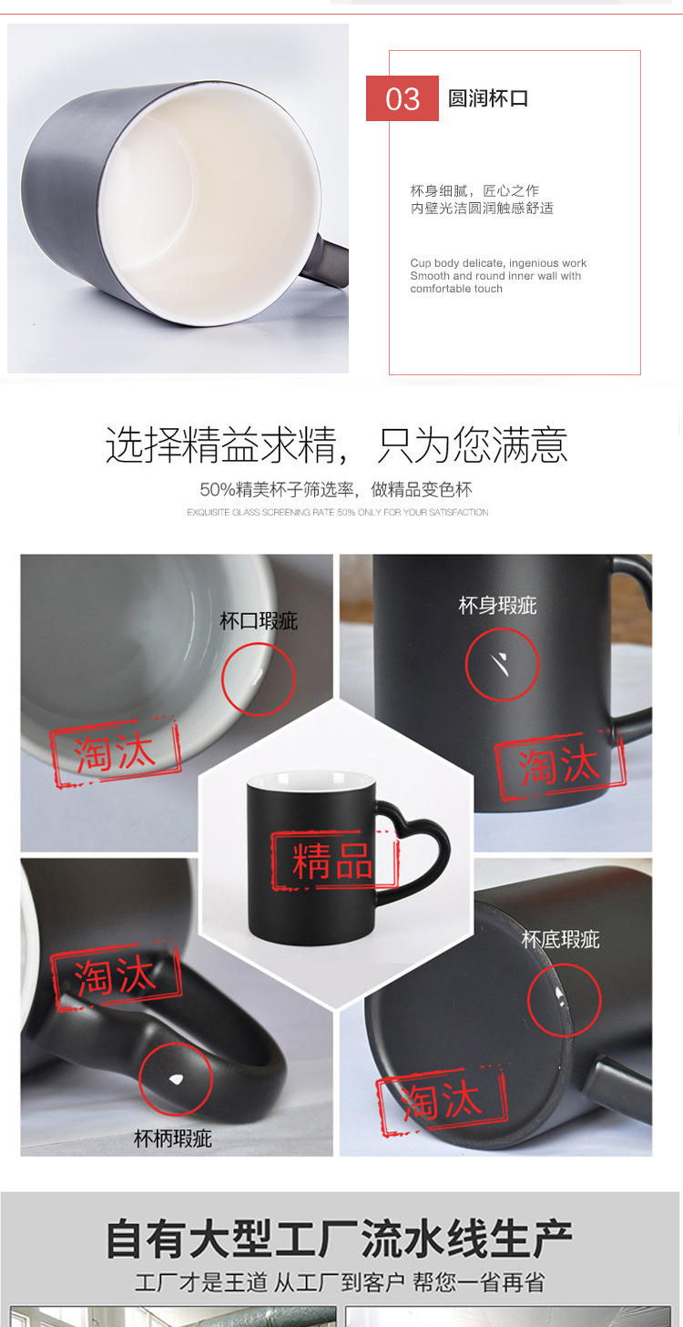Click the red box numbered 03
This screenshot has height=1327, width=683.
pyautogui.click(x=403, y=98)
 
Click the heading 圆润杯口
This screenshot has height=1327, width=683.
pyautogui.click(x=488, y=98)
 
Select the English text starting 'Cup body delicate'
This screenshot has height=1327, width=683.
pyautogui.click(x=498, y=276)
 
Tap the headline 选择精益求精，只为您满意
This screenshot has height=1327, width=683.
pyautogui.click(x=337, y=445)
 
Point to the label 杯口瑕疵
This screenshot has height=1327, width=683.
pyautogui.click(x=259, y=621)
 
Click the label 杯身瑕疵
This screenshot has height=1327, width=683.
pyautogui.click(x=497, y=605)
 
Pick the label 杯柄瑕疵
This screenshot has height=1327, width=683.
pyautogui.click(x=173, y=1138)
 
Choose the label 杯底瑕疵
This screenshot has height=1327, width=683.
pyautogui.click(x=561, y=939)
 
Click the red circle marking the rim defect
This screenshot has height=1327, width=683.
pyautogui.click(x=259, y=679)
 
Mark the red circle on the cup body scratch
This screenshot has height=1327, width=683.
pyautogui.click(x=502, y=664)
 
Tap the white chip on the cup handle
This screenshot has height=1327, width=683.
pyautogui.click(x=177, y=1079)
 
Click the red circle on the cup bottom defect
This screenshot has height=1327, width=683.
pyautogui.click(x=564, y=999)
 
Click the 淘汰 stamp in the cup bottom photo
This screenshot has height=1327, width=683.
pyautogui.click(x=442, y=1103)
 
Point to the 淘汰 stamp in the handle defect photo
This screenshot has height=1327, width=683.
pyautogui.click(x=116, y=977)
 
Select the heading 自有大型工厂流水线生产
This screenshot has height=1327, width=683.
pyautogui.click(x=339, y=1240)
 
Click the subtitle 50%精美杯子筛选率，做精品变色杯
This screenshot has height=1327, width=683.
pyautogui.click(x=336, y=489)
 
